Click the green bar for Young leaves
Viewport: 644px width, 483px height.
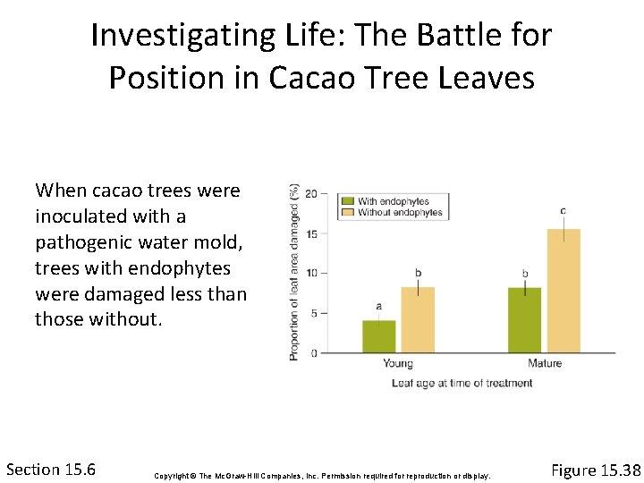(x=378, y=336)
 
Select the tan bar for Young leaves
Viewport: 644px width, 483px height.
(x=418, y=320)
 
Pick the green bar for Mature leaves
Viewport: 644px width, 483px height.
(x=524, y=320)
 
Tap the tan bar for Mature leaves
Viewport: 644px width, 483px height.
(x=563, y=291)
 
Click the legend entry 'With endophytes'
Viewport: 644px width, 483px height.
(x=393, y=201)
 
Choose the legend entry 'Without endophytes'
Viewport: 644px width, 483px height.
(x=399, y=213)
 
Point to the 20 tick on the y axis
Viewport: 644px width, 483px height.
(x=310, y=193)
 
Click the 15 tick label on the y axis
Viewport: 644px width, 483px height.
(x=310, y=233)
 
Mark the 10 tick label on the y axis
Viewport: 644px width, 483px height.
(x=310, y=273)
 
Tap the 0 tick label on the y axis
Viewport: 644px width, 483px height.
(x=313, y=353)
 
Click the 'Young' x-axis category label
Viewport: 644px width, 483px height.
(x=398, y=364)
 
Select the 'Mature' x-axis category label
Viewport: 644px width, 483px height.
(x=544, y=364)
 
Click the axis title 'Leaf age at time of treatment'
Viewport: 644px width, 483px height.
(x=462, y=383)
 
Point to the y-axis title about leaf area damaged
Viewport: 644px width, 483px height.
(x=293, y=272)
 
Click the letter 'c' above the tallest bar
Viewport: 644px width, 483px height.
(x=563, y=211)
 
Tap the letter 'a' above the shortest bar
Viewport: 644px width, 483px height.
(x=378, y=306)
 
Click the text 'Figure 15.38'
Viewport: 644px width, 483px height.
(x=596, y=470)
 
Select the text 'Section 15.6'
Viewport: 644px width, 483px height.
(x=51, y=470)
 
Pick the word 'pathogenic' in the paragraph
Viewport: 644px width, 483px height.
(x=80, y=242)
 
